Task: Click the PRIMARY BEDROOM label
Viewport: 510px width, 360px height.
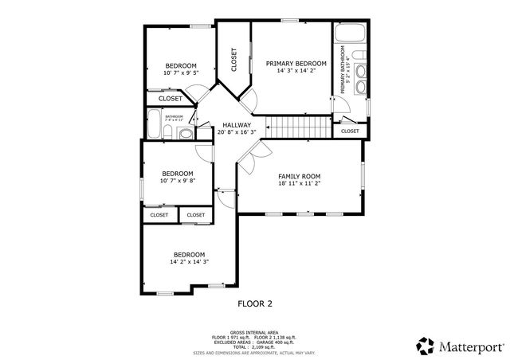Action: pos(296,64)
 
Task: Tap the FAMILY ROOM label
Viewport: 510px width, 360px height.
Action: pos(299,176)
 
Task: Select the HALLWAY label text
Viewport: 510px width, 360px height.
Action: pos(237,125)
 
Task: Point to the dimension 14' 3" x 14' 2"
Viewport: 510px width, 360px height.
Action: pos(296,71)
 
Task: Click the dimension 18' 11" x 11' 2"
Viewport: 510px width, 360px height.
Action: pos(299,183)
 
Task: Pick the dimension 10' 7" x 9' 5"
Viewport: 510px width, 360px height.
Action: pos(181,72)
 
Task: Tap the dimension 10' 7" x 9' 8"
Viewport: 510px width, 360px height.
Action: pos(178,181)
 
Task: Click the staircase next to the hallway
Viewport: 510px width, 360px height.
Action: pos(297,125)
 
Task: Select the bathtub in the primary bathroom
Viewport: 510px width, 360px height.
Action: pos(348,35)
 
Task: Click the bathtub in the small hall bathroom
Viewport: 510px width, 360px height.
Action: pos(155,125)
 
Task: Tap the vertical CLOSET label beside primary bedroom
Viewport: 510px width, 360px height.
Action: pos(234,61)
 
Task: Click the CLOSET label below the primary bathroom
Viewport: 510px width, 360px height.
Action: pos(350,131)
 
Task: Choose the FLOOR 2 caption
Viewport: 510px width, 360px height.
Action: pos(255,303)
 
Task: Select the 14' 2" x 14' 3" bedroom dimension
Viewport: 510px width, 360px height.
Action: pos(189,262)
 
